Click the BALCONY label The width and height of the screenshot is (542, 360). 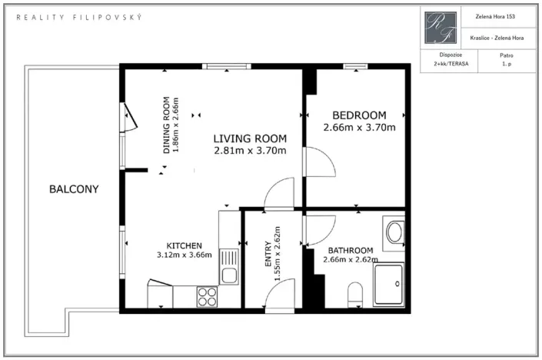[74, 188]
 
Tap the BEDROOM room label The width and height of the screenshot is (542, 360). [359, 115]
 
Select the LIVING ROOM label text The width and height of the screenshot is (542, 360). [250, 138]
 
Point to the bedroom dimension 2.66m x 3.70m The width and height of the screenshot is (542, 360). [359, 127]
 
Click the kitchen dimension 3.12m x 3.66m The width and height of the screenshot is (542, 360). [185, 255]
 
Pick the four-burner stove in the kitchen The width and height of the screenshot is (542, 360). [207, 297]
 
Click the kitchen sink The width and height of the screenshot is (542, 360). [229, 267]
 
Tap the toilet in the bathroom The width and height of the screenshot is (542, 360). [355, 295]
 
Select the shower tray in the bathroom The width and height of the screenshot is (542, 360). [388, 285]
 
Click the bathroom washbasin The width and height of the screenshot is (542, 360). [394, 232]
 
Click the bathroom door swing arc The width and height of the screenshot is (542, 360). [328, 235]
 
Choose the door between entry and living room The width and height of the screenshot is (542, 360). [273, 188]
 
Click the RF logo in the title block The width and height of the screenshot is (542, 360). [441, 28]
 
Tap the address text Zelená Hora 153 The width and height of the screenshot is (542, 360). [495, 16]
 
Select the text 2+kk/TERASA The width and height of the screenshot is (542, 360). [451, 64]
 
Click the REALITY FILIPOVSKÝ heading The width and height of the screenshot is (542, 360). [79, 17]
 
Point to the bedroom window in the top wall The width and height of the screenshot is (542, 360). [355, 66]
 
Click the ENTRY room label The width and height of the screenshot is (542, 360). [268, 254]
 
